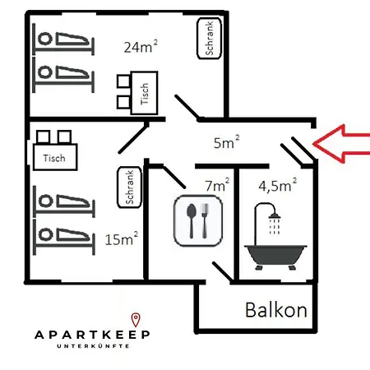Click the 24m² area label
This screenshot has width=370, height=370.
tap(141, 47)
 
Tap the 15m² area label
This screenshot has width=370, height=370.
tap(122, 238)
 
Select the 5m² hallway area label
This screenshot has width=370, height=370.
tap(226, 142)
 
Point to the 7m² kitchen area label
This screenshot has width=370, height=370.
tap(217, 185)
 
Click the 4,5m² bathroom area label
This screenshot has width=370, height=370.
tap(278, 185)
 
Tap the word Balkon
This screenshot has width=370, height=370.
tap(276, 310)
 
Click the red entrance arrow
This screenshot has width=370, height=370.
tap(341, 144)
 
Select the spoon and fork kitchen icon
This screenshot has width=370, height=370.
tap(198, 220)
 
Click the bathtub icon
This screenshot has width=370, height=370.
tap(275, 257)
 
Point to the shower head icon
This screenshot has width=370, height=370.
tap(275, 216)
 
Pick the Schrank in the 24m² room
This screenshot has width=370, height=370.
tap(209, 39)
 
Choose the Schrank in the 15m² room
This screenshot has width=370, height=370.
tap(129, 187)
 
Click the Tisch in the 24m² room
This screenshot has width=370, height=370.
tap(144, 93)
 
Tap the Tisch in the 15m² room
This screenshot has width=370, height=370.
tap(55, 157)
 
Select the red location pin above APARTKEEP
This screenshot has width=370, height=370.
tap(136, 320)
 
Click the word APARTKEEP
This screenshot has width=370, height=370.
tap(92, 335)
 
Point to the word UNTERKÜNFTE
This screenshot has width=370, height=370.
tap(93, 346)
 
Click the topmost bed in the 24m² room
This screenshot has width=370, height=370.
tap(63, 39)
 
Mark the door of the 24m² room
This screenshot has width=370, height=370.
tap(187, 107)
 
